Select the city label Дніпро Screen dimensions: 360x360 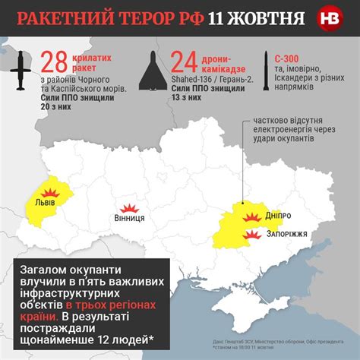277,216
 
